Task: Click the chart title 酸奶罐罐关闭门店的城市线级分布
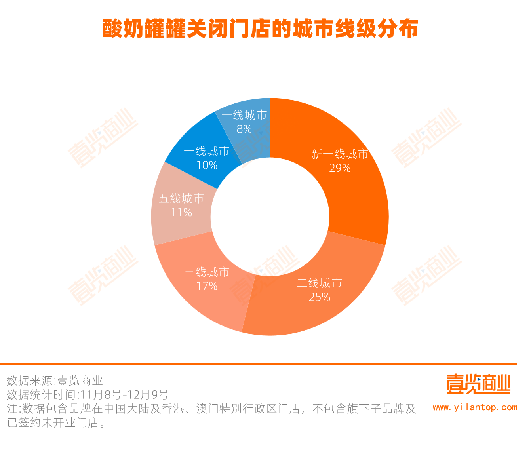point(260,29)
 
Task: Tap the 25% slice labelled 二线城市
point(317,305)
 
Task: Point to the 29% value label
point(340,168)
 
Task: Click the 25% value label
point(320,297)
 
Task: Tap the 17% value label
point(207,286)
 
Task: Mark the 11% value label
point(181,213)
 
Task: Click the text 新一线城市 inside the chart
point(340,154)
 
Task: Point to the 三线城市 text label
point(207,272)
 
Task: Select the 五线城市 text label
point(181,198)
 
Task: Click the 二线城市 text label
point(320,283)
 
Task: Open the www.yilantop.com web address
point(475,407)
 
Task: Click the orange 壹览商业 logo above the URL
point(478,384)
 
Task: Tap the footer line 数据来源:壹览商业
point(55,381)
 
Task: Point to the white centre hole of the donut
point(270,217)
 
